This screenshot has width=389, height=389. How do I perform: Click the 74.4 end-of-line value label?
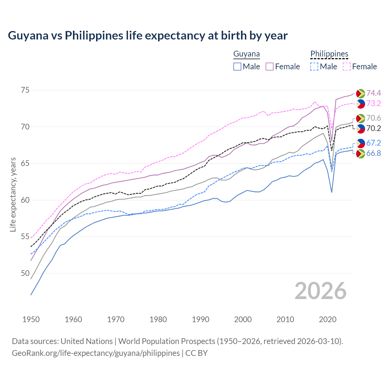coord(374,93)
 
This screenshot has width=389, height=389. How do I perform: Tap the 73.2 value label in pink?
coord(374,103)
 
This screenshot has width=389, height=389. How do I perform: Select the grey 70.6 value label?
coord(374,118)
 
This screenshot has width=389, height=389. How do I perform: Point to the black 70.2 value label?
coord(374,128)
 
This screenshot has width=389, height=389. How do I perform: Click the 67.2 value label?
coord(374,143)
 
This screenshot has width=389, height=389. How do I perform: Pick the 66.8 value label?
coord(374,153)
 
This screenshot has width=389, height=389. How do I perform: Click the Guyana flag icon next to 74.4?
coord(360,93)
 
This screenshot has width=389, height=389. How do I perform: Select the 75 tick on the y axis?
coord(25,90)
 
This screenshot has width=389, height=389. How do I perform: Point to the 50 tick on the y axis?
coord(25,274)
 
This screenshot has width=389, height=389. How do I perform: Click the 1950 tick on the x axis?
coord(31,319)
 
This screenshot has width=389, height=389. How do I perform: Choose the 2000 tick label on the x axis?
coord(243,319)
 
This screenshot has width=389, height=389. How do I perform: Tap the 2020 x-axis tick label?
coord(328,319)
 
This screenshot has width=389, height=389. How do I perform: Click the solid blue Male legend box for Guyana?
coord(237,67)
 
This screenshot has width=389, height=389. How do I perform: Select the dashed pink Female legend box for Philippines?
coord(347,67)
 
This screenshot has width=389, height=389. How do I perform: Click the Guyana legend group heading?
coord(246,54)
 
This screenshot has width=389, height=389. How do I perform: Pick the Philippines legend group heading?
coord(329,54)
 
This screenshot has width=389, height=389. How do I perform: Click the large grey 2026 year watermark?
coord(321,291)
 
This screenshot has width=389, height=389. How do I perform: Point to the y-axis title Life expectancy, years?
coord(13,194)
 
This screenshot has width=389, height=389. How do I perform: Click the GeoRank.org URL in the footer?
coord(96,353)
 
